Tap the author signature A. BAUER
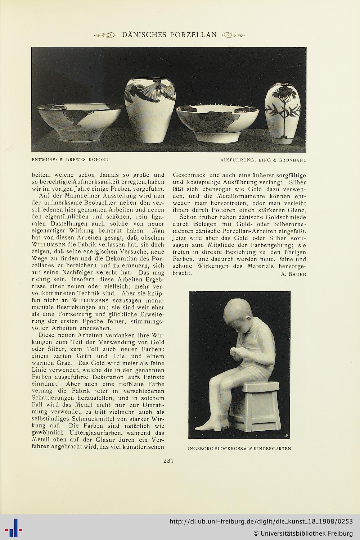coord(293,274)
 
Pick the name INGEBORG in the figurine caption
coord(201,449)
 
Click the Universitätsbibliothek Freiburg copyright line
coord(303,533)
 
